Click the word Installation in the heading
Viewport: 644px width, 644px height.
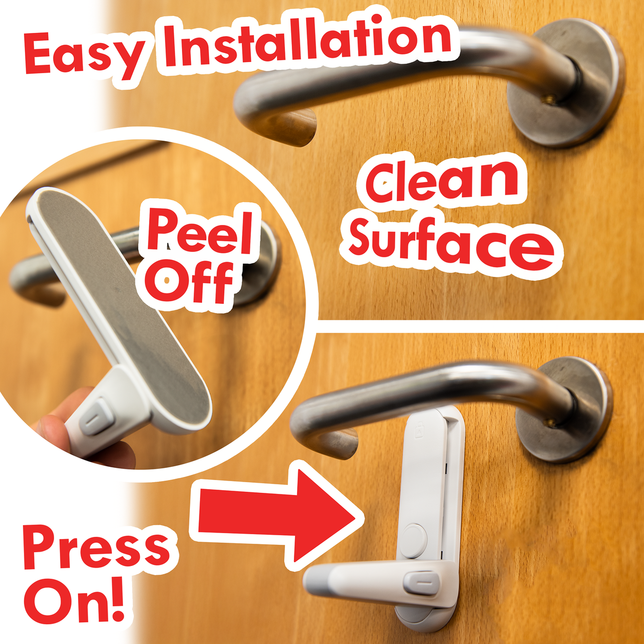pyautogui.click(x=308, y=42)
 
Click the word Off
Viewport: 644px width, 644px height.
pyautogui.click(x=188, y=281)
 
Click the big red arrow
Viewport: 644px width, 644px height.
pyautogui.click(x=276, y=512)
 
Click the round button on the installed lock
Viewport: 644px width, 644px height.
pyautogui.click(x=414, y=540)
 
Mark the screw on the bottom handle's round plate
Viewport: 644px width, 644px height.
pyautogui.click(x=550, y=423)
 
